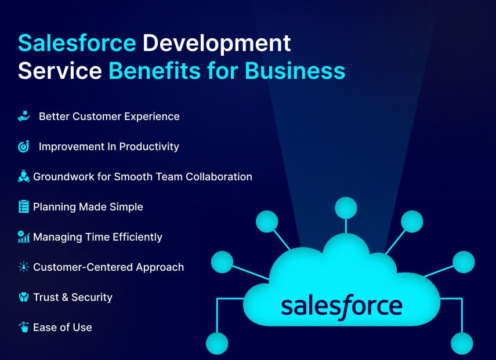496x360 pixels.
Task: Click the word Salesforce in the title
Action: [x=77, y=43]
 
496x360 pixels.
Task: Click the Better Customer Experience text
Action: [x=109, y=117]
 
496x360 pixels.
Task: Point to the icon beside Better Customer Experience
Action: [x=24, y=117]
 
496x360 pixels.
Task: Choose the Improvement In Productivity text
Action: [x=108, y=147]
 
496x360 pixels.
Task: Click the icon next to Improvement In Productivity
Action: [x=24, y=147]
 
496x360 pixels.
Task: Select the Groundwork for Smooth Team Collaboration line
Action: [x=142, y=177]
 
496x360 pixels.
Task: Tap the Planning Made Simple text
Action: [x=88, y=207]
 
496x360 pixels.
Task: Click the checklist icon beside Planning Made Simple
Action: [x=24, y=207]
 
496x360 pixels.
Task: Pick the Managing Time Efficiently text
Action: [x=97, y=237]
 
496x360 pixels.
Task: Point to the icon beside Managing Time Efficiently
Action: [x=24, y=237]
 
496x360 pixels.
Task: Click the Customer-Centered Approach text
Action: [x=108, y=267]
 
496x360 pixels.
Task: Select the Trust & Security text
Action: [x=73, y=297]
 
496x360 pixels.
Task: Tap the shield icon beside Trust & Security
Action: [x=24, y=297]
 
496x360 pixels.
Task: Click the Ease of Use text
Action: [x=62, y=328]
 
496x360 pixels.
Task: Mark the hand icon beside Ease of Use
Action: [x=24, y=328]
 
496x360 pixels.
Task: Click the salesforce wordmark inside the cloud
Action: [x=341, y=305]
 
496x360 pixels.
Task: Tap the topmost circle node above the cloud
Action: [x=346, y=208]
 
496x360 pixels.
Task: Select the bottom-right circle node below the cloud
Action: [x=462, y=343]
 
